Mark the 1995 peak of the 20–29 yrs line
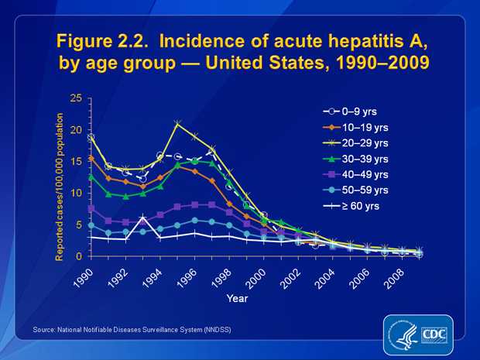pyautogui.click(x=178, y=123)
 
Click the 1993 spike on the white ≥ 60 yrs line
pyautogui.click(x=143, y=220)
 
